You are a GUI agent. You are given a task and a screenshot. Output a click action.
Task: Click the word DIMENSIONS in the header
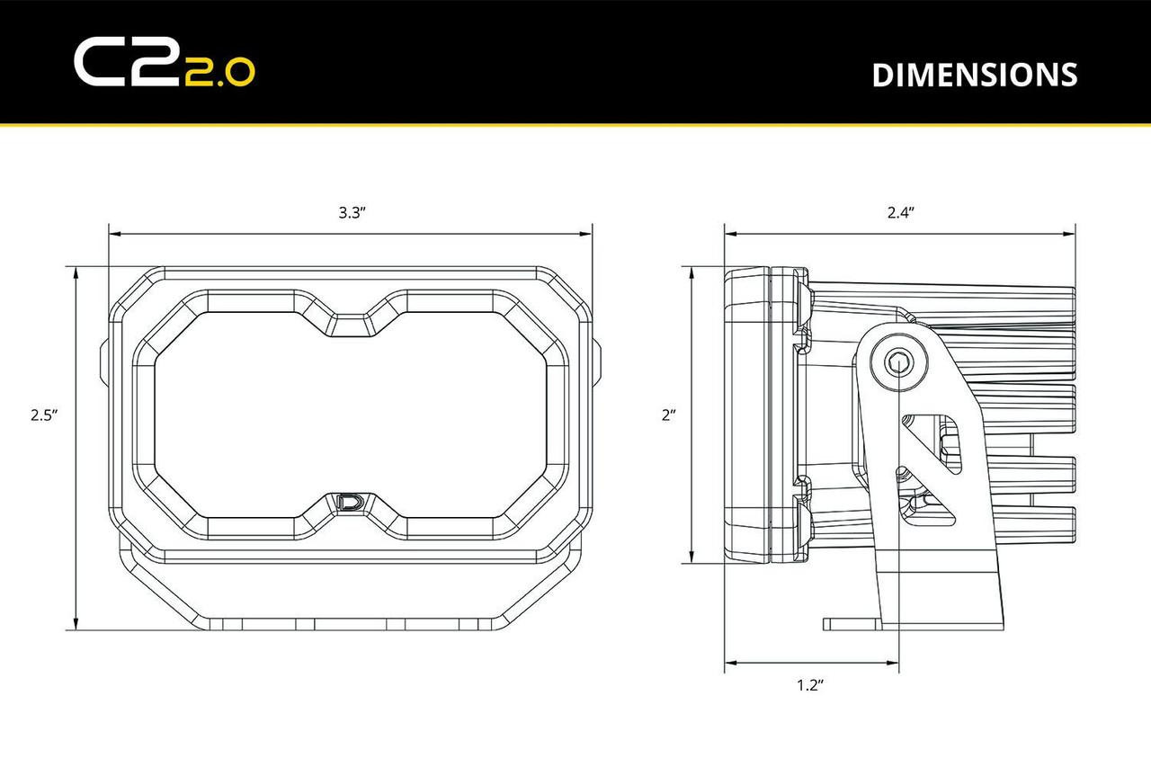(x=974, y=76)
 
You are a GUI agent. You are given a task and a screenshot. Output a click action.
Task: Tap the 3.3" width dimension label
(x=351, y=213)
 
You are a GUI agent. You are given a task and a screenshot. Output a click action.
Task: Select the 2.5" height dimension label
(x=43, y=415)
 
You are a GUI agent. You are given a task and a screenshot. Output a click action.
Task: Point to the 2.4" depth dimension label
(x=899, y=213)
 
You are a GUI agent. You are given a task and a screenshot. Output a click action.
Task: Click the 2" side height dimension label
(x=668, y=415)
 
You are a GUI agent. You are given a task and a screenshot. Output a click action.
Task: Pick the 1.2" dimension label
(x=810, y=686)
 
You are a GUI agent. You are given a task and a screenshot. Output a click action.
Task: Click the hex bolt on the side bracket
(x=897, y=363)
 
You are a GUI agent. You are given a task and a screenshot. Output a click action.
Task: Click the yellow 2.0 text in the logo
(x=220, y=74)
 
